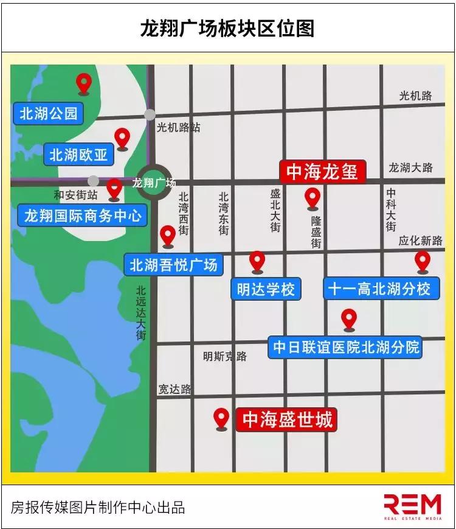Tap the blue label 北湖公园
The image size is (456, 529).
click(48, 113)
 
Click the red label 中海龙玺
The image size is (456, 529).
click(322, 171)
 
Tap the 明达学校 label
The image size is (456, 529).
click(266, 289)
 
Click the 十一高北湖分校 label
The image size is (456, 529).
click(379, 288)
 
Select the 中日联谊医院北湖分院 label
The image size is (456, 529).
click(345, 347)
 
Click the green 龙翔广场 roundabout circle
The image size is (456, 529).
click(153, 182)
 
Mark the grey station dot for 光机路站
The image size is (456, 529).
click(150, 114)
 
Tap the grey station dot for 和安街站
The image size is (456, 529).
click(93, 181)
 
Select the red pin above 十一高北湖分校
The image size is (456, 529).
click(423, 262)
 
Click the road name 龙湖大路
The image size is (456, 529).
click(410, 167)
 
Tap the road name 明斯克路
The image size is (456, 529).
click(225, 356)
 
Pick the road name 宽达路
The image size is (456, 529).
click(174, 389)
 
